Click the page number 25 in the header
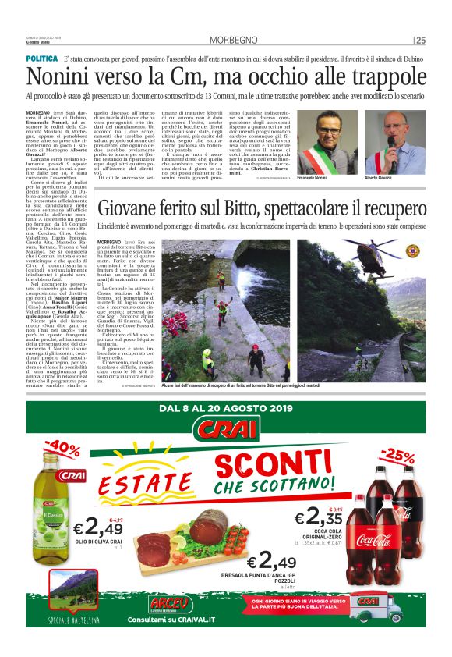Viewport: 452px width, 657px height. click(x=421, y=41)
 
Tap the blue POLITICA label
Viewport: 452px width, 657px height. click(x=41, y=59)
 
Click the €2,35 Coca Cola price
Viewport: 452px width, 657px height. click(x=320, y=517)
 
